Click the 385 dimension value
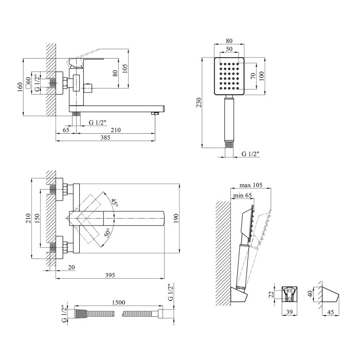106,138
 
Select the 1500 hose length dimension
117,304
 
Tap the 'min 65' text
243,195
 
